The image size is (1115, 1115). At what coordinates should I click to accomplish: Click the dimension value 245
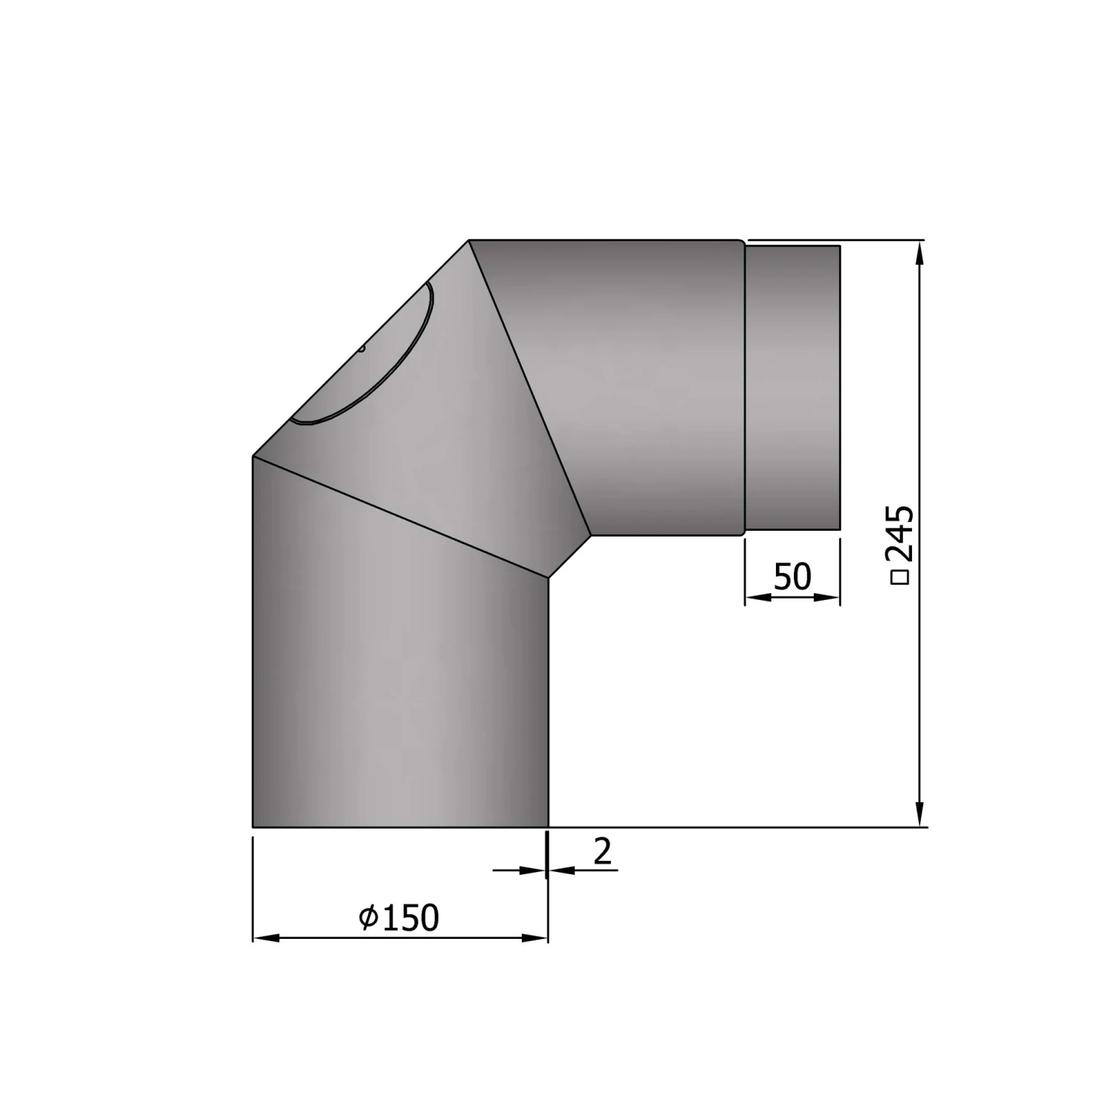tap(902, 534)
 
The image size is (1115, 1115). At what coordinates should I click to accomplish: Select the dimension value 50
tap(792, 576)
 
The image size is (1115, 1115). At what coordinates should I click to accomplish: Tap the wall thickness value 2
tap(603, 851)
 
